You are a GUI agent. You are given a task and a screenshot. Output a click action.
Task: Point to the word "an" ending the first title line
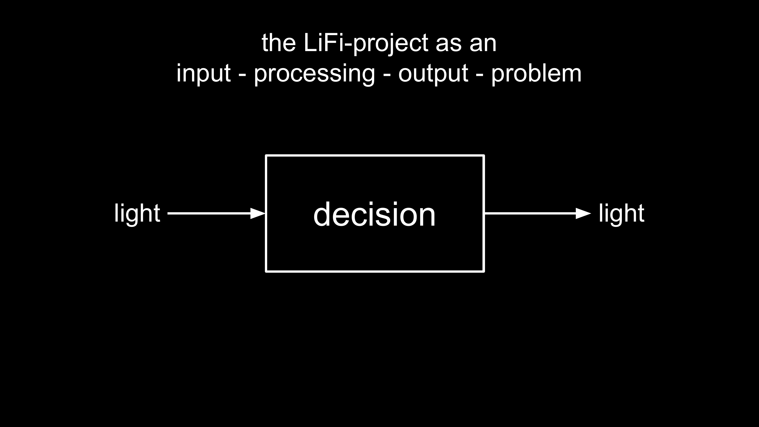483,46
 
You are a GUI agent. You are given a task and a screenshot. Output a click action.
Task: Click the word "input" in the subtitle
203,74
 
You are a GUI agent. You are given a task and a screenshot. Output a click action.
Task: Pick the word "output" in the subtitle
433,74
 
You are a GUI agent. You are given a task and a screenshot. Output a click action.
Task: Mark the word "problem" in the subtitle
536,74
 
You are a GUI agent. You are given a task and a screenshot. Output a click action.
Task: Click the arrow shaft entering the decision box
209,213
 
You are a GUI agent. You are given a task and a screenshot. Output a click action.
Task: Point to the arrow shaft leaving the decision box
530,213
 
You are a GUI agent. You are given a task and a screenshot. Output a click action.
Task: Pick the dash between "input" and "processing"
242,76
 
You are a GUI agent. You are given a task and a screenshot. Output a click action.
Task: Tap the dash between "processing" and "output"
387,76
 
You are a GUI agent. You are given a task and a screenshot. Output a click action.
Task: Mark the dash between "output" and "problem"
479,76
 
